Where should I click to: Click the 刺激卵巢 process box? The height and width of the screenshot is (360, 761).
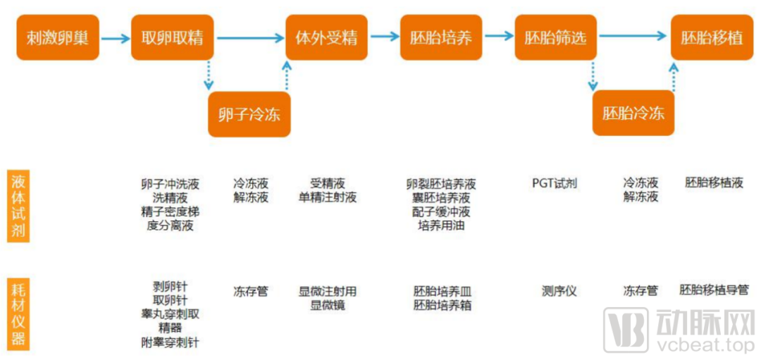(58, 37)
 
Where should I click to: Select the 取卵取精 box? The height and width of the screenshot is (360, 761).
(173, 37)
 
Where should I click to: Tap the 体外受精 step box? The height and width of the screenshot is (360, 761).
(326, 37)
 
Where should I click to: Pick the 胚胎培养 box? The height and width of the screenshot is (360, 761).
(441, 37)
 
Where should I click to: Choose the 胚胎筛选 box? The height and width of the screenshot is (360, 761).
(555, 37)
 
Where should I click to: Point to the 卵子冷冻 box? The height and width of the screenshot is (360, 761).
(249, 113)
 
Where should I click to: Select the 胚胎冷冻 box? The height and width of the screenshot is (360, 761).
(633, 113)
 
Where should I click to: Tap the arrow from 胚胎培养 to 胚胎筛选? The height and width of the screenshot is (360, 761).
(498, 35)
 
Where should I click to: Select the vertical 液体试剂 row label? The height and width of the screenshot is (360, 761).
(18, 205)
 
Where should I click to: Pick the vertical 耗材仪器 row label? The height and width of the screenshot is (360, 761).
(18, 314)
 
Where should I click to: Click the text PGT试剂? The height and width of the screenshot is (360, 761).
(555, 183)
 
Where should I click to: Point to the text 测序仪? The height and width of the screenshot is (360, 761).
(559, 290)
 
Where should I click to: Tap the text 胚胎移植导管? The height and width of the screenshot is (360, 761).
(713, 290)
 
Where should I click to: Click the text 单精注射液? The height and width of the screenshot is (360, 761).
(328, 197)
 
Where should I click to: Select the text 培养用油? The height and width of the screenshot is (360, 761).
(441, 225)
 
